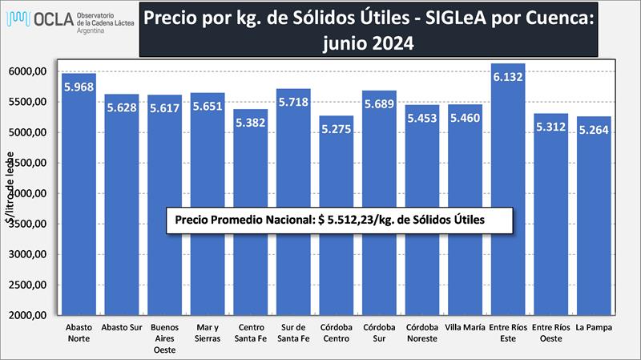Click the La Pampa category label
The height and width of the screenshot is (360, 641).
coord(594,327)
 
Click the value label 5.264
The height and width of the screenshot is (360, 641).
coord(594,129)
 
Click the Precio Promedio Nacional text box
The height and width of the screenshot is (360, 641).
coord(339,220)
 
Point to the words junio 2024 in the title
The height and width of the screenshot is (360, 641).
coord(369,43)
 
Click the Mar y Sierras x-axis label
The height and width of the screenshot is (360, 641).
coord(208,332)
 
